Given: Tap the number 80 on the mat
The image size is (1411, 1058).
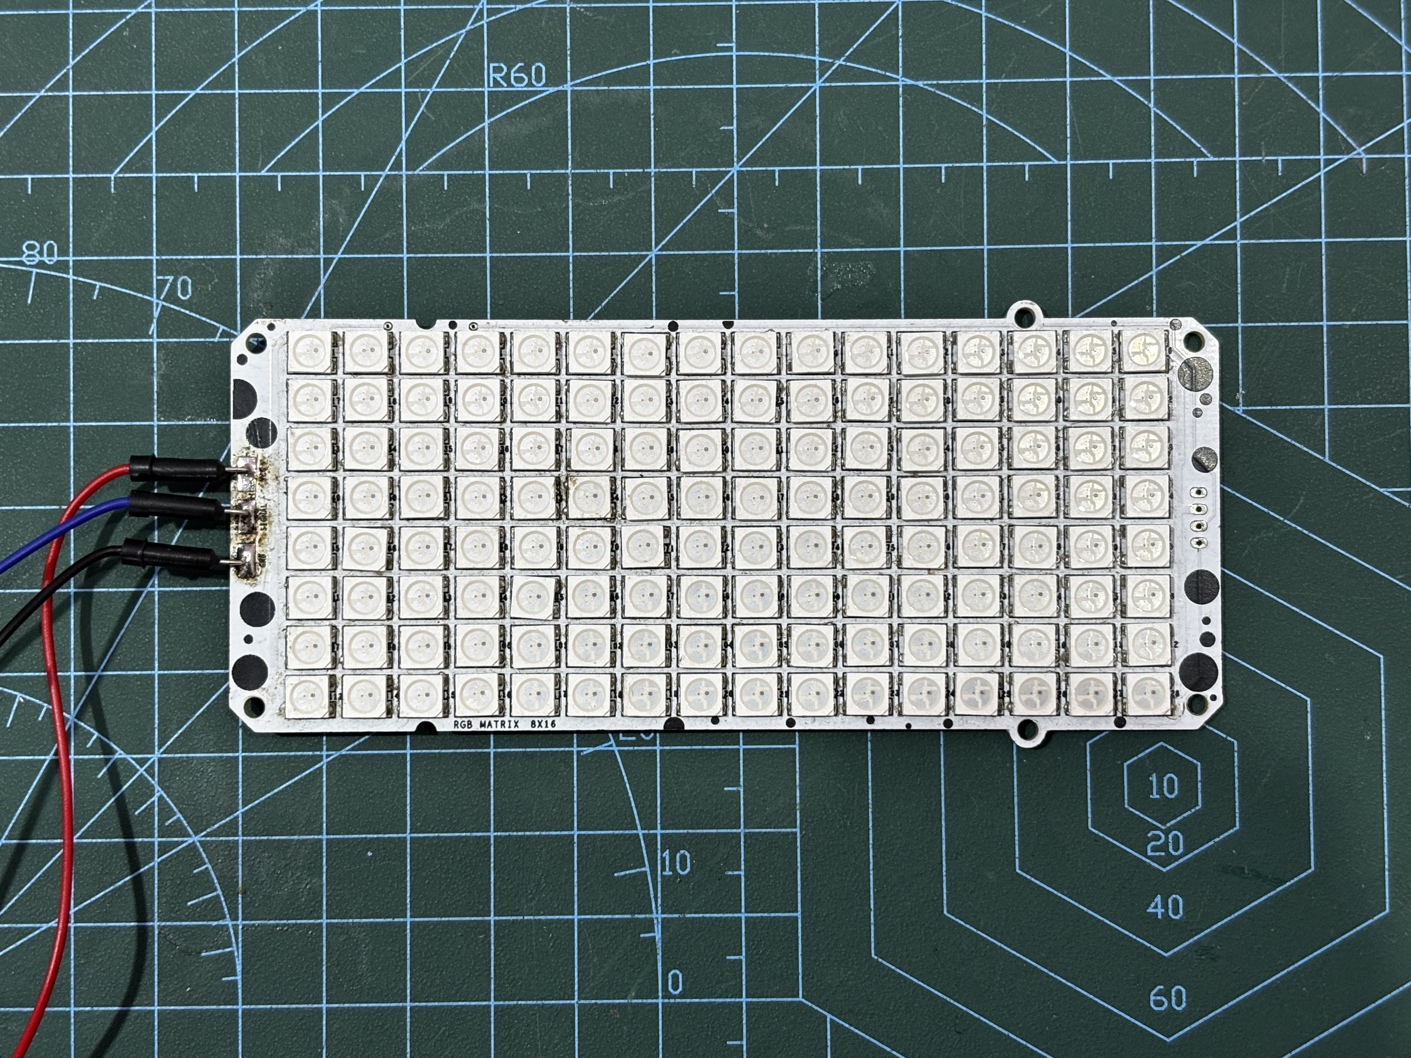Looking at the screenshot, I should (40, 253).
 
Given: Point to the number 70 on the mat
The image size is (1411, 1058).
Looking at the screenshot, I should (175, 289).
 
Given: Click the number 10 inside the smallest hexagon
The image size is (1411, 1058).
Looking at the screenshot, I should (1163, 786).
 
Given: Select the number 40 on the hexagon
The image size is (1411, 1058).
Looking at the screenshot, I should (1165, 906).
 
